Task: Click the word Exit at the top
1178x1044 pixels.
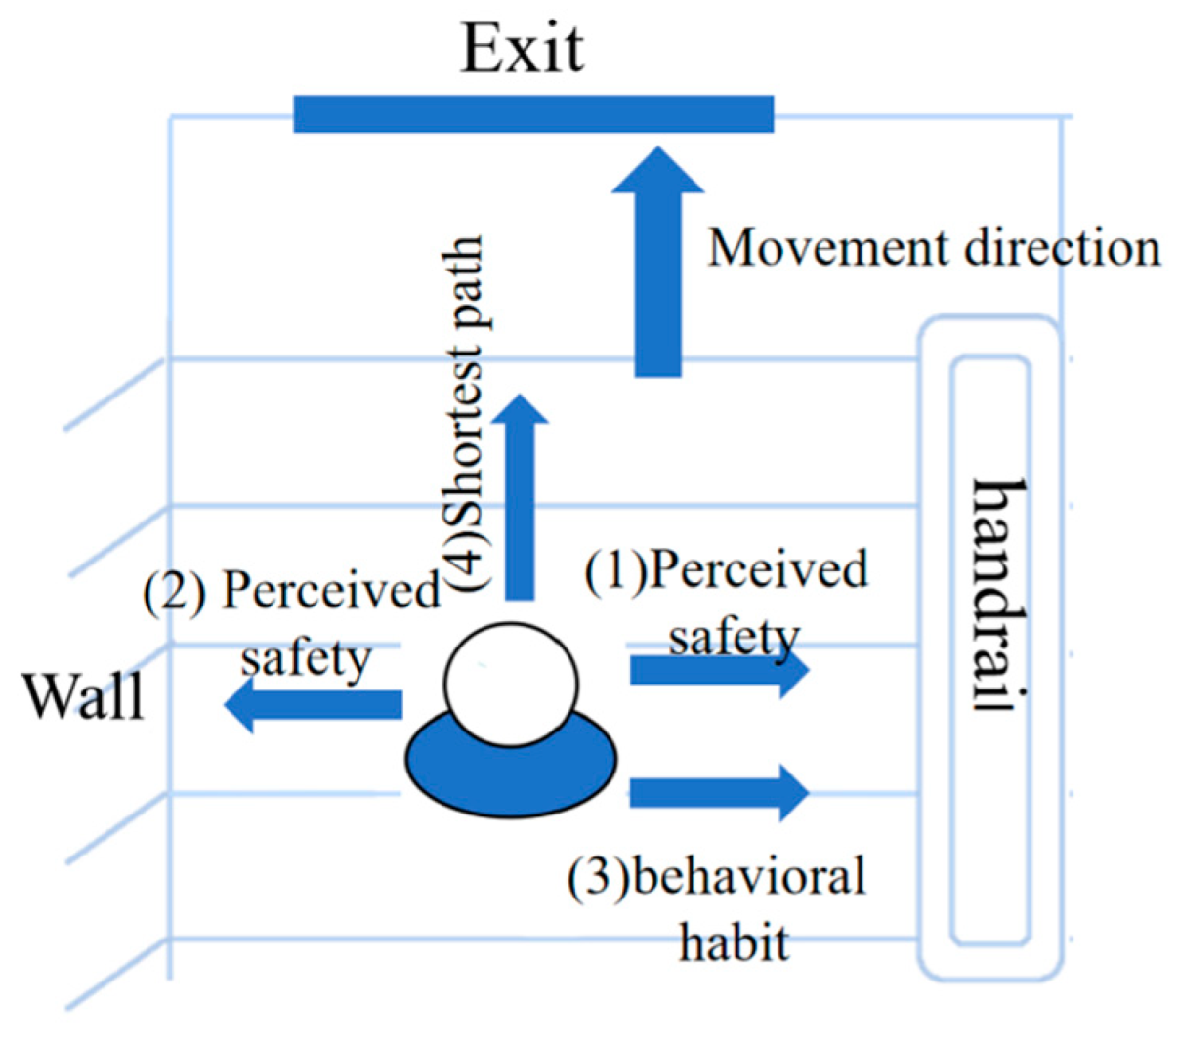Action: click(x=522, y=49)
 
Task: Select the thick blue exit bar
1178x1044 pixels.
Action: click(x=533, y=113)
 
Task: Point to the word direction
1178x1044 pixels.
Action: click(x=1063, y=248)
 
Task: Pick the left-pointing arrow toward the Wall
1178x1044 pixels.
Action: click(x=313, y=704)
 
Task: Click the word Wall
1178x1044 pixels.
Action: click(x=83, y=697)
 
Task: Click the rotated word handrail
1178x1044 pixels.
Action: click(x=999, y=596)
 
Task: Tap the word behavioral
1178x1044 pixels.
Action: click(x=748, y=876)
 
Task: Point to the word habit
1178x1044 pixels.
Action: click(x=735, y=942)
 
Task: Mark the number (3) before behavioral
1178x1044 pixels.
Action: click(x=599, y=877)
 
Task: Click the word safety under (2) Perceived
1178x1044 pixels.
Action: click(x=306, y=657)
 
